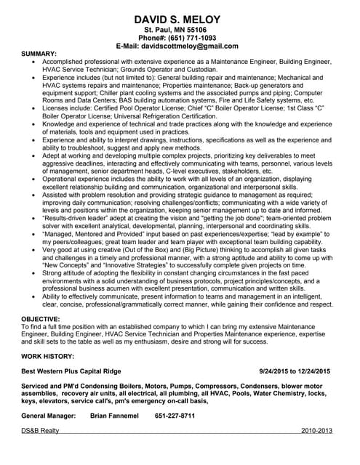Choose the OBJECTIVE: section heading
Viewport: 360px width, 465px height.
pyautogui.click(x=41, y=319)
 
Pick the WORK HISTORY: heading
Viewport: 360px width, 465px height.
pyautogui.click(x=48, y=356)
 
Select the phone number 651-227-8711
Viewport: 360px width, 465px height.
pyautogui.click(x=175, y=416)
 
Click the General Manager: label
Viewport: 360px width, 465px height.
pyautogui.click(x=49, y=416)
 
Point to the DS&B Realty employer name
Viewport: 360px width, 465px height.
pyautogui.click(x=41, y=431)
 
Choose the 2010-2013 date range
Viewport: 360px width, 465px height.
pyautogui.click(x=316, y=431)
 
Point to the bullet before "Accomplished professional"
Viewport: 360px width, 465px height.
pyautogui.click(x=34, y=63)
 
